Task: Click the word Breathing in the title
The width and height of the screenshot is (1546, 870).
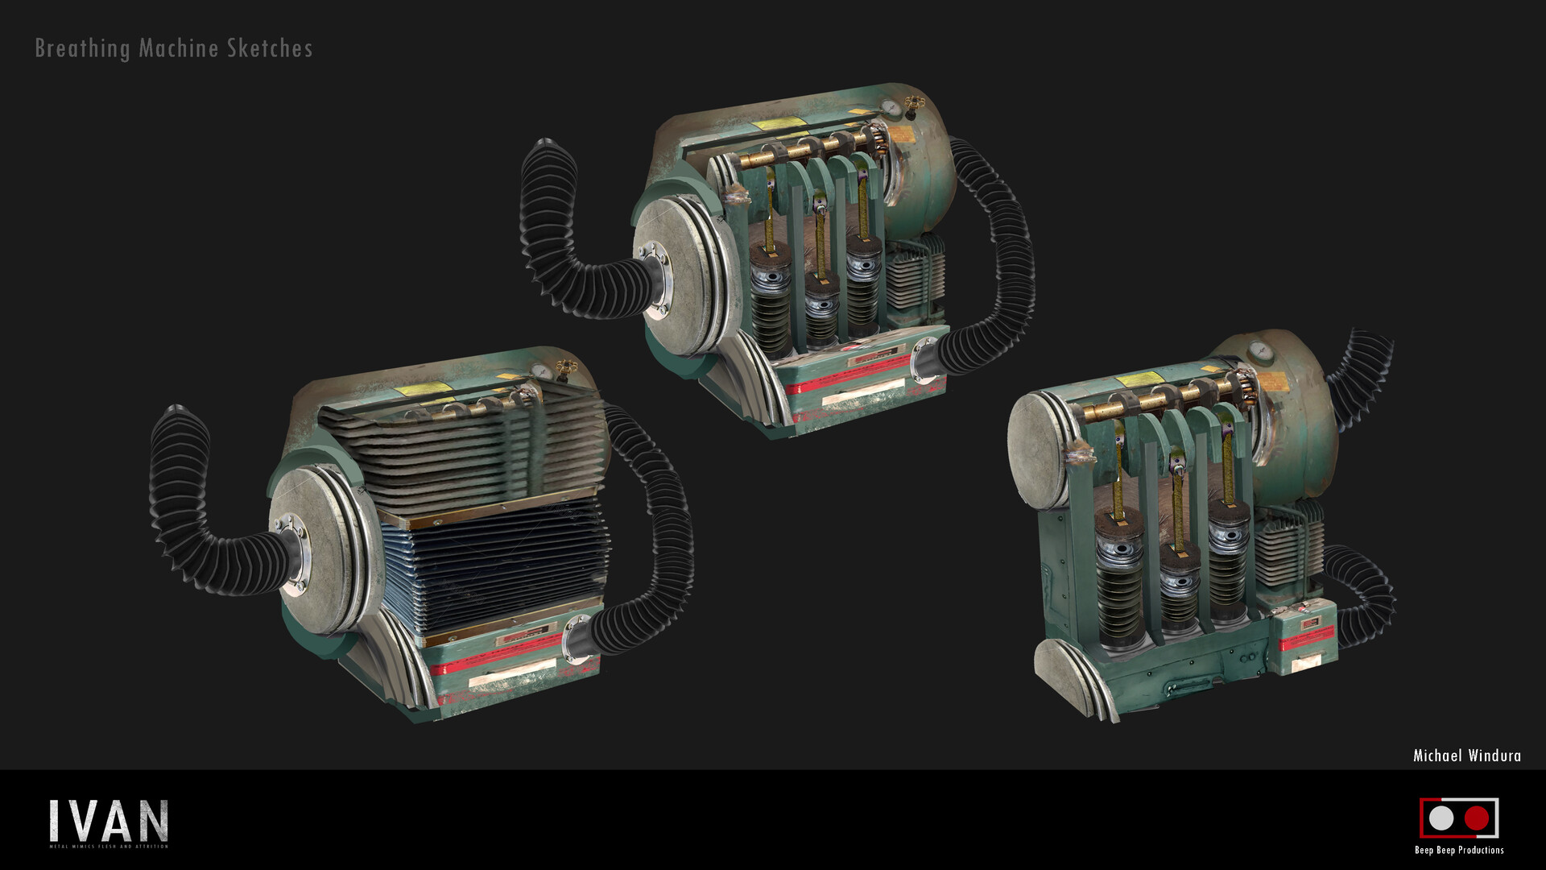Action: (x=82, y=48)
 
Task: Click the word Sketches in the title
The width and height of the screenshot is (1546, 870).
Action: (x=269, y=48)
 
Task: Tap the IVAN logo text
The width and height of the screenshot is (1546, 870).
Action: (x=109, y=822)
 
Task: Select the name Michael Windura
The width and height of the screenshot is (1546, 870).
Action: (x=1466, y=756)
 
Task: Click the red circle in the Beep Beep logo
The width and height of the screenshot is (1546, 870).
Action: (x=1476, y=818)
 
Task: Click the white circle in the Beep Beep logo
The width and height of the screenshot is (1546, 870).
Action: (x=1441, y=818)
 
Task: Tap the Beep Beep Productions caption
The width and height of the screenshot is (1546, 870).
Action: (x=1459, y=850)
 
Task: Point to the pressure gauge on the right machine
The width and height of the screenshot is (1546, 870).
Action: (x=1259, y=351)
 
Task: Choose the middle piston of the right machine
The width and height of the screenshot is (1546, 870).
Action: (x=1180, y=580)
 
